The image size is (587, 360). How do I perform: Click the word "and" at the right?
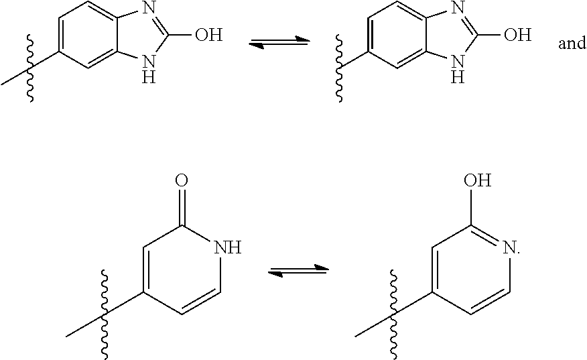(x=572, y=44)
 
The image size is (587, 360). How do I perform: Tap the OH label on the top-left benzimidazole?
(x=208, y=35)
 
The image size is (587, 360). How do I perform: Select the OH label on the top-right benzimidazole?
(x=517, y=35)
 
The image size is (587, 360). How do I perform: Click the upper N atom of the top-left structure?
(x=148, y=9)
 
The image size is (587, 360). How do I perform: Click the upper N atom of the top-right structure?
(x=458, y=9)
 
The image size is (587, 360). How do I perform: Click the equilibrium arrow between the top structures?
(x=279, y=44)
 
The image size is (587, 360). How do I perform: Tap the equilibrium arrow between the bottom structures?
(x=298, y=271)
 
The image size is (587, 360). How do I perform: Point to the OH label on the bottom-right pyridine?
(x=476, y=180)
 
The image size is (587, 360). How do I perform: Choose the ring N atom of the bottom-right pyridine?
(x=511, y=249)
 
